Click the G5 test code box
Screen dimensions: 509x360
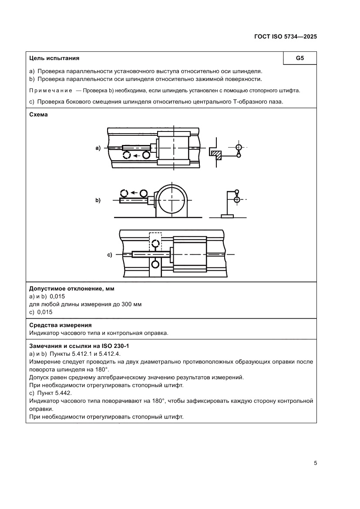[299, 58]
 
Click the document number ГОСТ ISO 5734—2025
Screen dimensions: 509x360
[285, 37]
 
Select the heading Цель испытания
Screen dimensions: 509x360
[54, 58]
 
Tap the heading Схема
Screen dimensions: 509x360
[38, 115]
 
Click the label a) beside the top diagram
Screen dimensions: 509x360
[98, 148]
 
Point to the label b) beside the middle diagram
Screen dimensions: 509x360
[98, 201]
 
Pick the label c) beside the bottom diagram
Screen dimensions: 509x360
[110, 255]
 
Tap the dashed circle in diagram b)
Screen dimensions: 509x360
[124, 193]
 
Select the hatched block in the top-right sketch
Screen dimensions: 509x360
[216, 153]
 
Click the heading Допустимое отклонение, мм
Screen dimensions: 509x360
[74, 289]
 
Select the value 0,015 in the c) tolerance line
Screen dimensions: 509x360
[45, 312]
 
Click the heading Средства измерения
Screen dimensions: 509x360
[60, 325]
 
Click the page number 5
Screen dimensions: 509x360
[315, 463]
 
